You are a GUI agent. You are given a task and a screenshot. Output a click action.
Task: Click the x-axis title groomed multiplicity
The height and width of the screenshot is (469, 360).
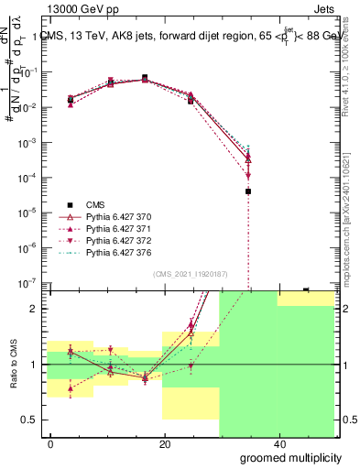pos(286,457)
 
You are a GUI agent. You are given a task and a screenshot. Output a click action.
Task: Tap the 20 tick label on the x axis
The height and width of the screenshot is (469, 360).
pos(164,443)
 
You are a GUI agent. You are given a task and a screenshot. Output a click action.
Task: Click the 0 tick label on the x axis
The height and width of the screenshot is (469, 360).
pos(50,443)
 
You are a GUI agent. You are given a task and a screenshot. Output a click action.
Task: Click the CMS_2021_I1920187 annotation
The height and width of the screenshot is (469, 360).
pos(190,274)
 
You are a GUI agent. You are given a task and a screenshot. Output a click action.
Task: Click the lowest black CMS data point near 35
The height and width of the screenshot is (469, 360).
pos(248,191)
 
